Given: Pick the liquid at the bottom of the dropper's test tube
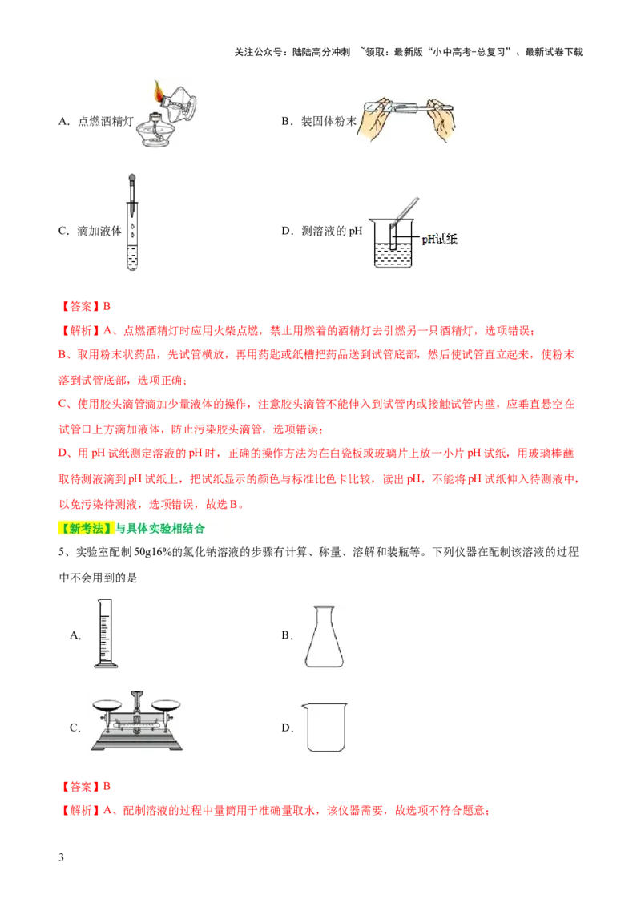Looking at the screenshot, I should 131,261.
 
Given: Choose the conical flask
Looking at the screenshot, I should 320,636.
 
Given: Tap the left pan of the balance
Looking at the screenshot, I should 110,704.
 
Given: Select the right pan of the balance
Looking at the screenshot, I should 165,704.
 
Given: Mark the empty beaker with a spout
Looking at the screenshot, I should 325,726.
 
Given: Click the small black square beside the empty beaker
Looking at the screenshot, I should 285,728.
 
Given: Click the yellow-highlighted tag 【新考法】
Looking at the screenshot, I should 87,529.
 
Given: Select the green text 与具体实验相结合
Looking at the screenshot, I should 160,529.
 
